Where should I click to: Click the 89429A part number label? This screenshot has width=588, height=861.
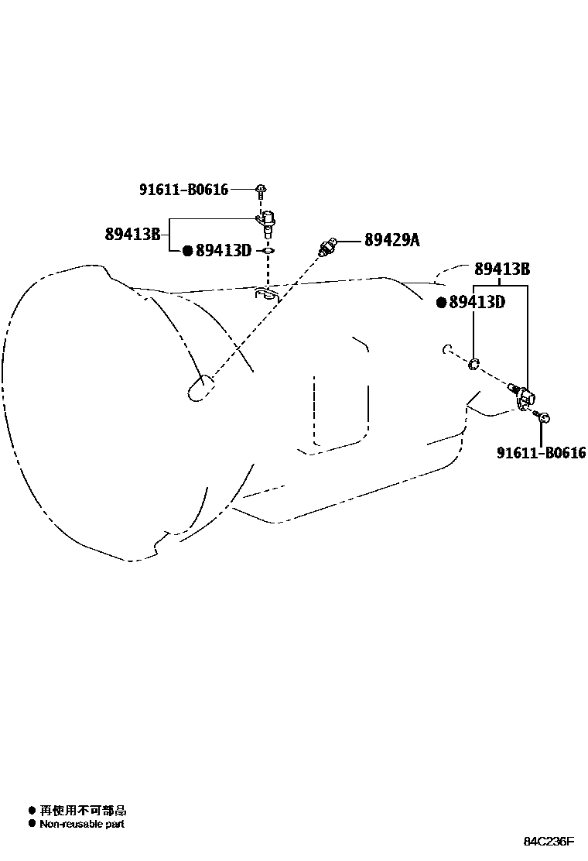coord(391,240)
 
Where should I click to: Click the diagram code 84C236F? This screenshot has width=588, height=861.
coord(549,842)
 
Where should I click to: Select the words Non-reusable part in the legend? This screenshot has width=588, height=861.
coord(82,824)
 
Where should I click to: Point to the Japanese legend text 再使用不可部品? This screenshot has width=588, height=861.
coord(83,811)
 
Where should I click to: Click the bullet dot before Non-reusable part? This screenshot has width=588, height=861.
coord(32,824)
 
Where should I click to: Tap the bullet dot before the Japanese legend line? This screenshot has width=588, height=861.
coord(32,811)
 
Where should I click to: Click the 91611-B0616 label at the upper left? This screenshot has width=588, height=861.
coord(184,190)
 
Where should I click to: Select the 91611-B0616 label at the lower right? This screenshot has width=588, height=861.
coord(541,453)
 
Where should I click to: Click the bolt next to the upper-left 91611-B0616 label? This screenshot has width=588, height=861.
coord(262,189)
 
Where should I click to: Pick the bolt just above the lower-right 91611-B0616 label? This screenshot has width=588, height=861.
coord(544,418)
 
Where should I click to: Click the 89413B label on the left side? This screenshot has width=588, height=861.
coord(132,234)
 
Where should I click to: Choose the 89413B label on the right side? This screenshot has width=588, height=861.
coord(501,269)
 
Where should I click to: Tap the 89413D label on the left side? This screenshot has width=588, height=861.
coord(224,250)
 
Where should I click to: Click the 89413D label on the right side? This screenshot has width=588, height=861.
coord(477,302)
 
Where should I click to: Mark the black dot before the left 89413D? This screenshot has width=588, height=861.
coord(187,251)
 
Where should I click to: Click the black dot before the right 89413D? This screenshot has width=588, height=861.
coord(441,302)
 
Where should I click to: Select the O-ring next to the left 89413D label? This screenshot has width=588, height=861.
coord(267,251)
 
